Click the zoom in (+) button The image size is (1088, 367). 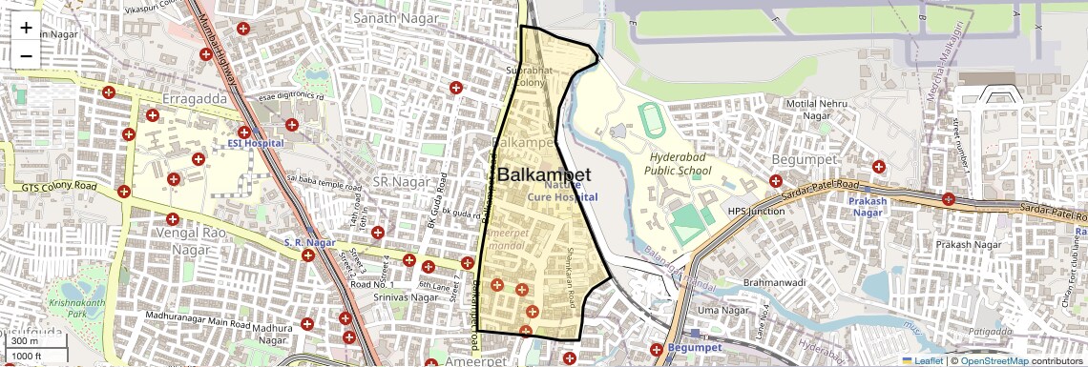tap(26, 28)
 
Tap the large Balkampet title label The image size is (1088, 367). tap(544, 175)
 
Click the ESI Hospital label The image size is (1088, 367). tap(255, 143)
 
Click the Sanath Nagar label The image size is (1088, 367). tap(387, 18)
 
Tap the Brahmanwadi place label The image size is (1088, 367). tap(775, 283)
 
